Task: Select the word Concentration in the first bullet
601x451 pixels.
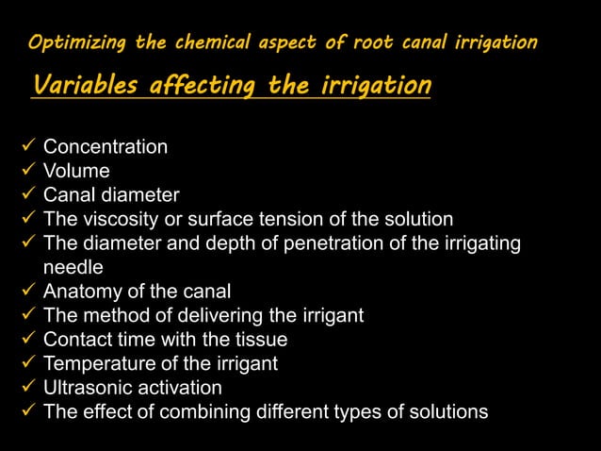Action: tap(106, 147)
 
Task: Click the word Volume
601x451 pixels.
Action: tap(76, 171)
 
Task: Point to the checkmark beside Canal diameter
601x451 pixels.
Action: tap(27, 195)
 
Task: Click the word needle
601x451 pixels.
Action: tap(73, 267)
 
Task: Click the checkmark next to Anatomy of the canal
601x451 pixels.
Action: tap(27, 292)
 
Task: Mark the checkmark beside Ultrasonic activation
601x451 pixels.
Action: tap(27, 388)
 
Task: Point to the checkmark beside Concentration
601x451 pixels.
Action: tap(27, 147)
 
